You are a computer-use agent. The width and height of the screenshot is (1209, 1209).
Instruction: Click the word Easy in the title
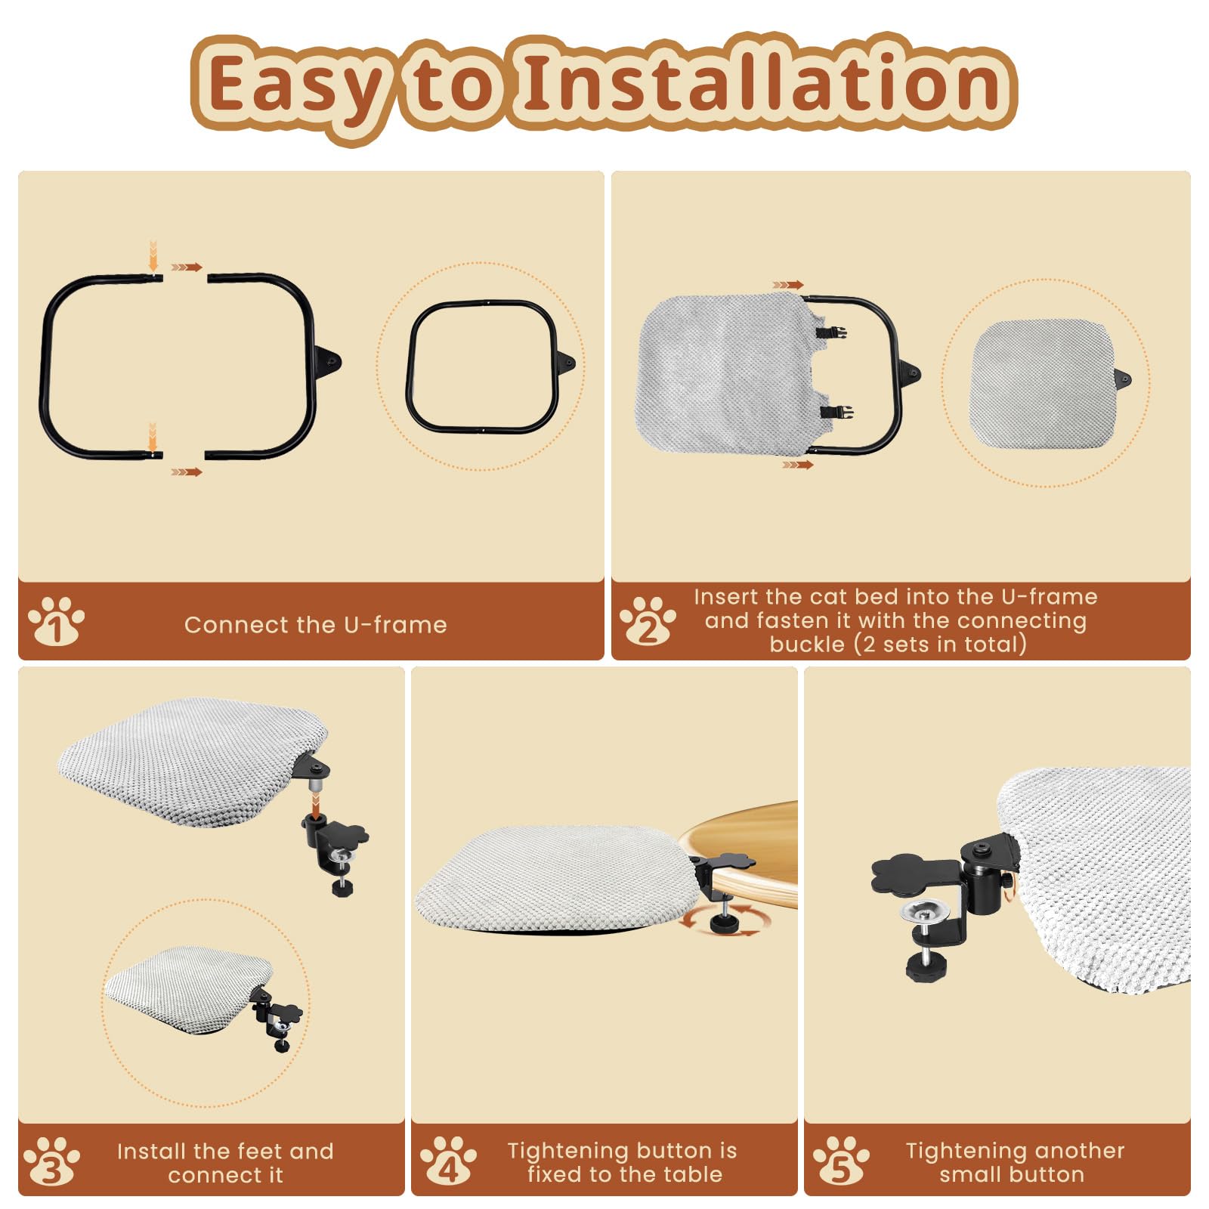click(295, 85)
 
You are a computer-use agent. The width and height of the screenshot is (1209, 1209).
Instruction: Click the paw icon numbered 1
click(56, 621)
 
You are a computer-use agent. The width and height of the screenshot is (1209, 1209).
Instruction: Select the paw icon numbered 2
click(648, 621)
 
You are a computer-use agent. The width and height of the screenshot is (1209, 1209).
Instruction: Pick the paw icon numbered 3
click(51, 1161)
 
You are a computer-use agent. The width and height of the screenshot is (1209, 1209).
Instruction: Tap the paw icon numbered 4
click(448, 1161)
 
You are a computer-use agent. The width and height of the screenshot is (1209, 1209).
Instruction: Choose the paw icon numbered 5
click(841, 1161)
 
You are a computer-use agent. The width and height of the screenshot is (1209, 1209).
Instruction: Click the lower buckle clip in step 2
click(836, 412)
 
